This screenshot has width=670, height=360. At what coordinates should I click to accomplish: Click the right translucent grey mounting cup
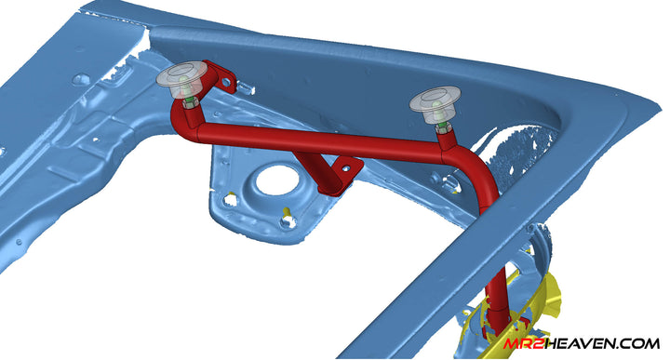click(435, 104)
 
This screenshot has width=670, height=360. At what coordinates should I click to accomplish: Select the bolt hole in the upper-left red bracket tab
click(226, 79)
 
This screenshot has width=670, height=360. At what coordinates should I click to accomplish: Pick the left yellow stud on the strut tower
click(231, 198)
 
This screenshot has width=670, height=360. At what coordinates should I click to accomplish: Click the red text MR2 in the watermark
click(523, 344)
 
